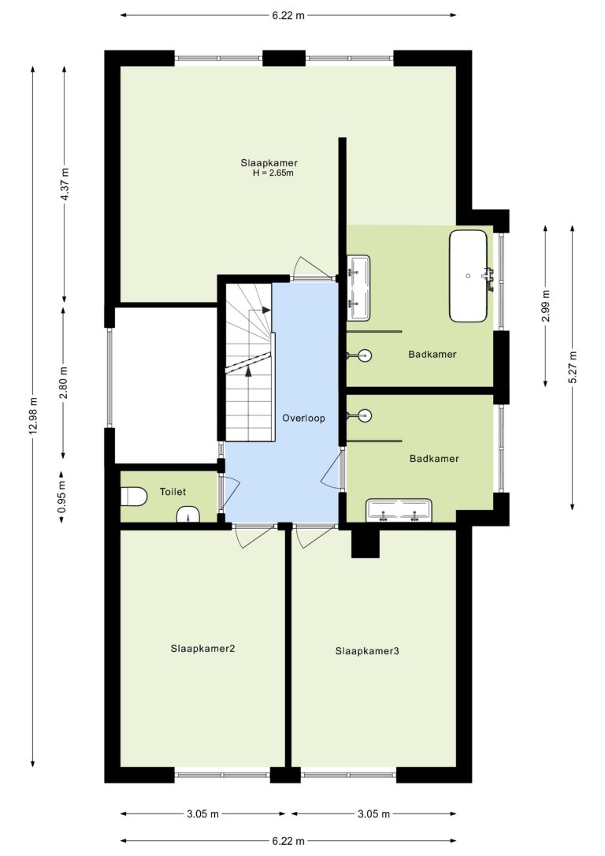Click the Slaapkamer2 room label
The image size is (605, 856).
(x=203, y=649)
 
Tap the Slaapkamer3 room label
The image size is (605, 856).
(x=367, y=651)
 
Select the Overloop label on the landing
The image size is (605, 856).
(x=303, y=419)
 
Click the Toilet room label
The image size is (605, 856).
(x=173, y=491)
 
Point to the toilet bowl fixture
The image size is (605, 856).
(x=133, y=497)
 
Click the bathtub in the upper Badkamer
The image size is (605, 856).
(x=468, y=276)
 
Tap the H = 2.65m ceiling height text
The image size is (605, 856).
(x=273, y=173)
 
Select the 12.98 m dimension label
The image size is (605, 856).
(x=33, y=415)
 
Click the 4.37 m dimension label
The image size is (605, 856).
(x=65, y=184)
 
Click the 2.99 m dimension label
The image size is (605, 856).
(x=546, y=307)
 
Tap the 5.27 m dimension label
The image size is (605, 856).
(x=572, y=367)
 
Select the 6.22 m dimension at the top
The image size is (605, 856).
(x=288, y=15)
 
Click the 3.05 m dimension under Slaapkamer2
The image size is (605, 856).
(x=202, y=814)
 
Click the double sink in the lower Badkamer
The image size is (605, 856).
(x=399, y=510)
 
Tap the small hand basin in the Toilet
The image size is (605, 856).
(x=189, y=514)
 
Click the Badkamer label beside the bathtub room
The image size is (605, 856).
(x=432, y=354)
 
